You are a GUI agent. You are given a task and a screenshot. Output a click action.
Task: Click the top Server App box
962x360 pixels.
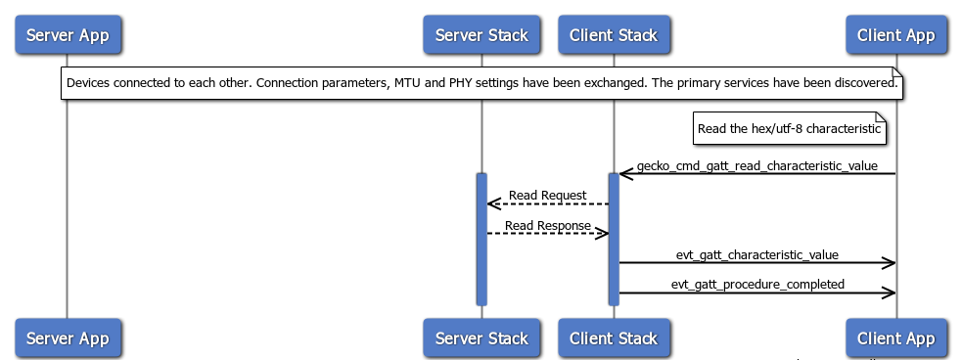[x=67, y=35]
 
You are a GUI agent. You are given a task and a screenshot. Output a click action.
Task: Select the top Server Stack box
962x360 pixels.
[x=481, y=35]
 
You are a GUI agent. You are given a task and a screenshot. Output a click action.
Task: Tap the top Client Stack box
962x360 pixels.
[x=614, y=35]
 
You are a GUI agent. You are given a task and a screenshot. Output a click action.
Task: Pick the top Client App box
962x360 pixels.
[x=895, y=35]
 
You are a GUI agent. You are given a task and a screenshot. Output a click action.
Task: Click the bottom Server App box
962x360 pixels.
[x=67, y=338]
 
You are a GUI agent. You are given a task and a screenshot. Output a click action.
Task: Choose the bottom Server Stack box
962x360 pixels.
[x=481, y=338]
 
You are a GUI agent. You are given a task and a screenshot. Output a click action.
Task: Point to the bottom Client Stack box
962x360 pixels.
[x=614, y=338]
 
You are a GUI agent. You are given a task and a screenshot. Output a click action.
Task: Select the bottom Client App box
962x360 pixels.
[x=895, y=338]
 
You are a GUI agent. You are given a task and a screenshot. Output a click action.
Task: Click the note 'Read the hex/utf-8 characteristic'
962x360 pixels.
[x=790, y=128]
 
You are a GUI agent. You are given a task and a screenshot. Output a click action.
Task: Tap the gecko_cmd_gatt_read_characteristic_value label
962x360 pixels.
[x=756, y=166]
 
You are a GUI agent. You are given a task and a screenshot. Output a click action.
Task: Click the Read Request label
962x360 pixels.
[x=548, y=196]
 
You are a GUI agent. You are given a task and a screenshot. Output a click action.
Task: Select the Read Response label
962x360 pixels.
[x=548, y=226]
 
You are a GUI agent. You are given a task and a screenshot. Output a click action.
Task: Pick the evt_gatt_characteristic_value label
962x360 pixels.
[x=756, y=255]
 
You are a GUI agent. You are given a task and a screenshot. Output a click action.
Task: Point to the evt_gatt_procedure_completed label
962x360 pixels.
[x=756, y=285]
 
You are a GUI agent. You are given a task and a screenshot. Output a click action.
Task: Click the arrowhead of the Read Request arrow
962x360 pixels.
[x=492, y=204]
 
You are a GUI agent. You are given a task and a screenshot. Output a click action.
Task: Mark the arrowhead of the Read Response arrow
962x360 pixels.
[x=603, y=234]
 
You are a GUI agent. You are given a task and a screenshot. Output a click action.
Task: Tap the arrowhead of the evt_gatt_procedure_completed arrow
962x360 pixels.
[x=890, y=292]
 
